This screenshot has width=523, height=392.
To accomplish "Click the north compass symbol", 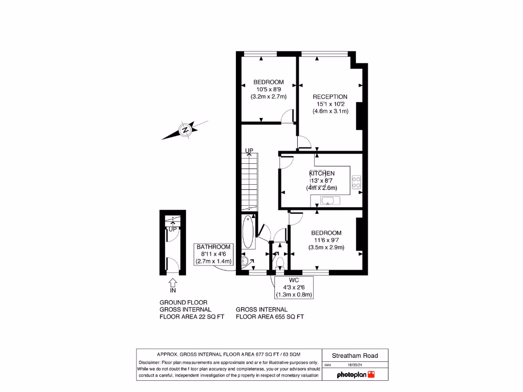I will pyautogui.click(x=185, y=130).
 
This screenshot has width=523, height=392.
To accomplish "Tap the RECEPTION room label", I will pyautogui.click(x=330, y=96).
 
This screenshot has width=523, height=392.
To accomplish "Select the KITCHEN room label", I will pyautogui.click(x=322, y=174).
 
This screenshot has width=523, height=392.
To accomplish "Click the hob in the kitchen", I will pyautogui.click(x=356, y=183).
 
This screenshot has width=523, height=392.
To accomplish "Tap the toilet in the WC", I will pyautogui.click(x=279, y=263).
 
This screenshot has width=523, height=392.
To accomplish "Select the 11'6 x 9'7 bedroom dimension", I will pyautogui.click(x=326, y=240).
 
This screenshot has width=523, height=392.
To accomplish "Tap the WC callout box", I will pyautogui.click(x=293, y=287).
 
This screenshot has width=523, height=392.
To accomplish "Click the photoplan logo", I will pyautogui.click(x=355, y=375).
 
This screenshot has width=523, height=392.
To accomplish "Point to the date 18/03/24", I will pyautogui.click(x=354, y=365).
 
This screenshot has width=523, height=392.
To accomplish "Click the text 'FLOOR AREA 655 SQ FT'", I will pyautogui.click(x=270, y=316).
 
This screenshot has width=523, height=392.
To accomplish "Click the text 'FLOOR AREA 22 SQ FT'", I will pyautogui.click(x=192, y=316).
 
